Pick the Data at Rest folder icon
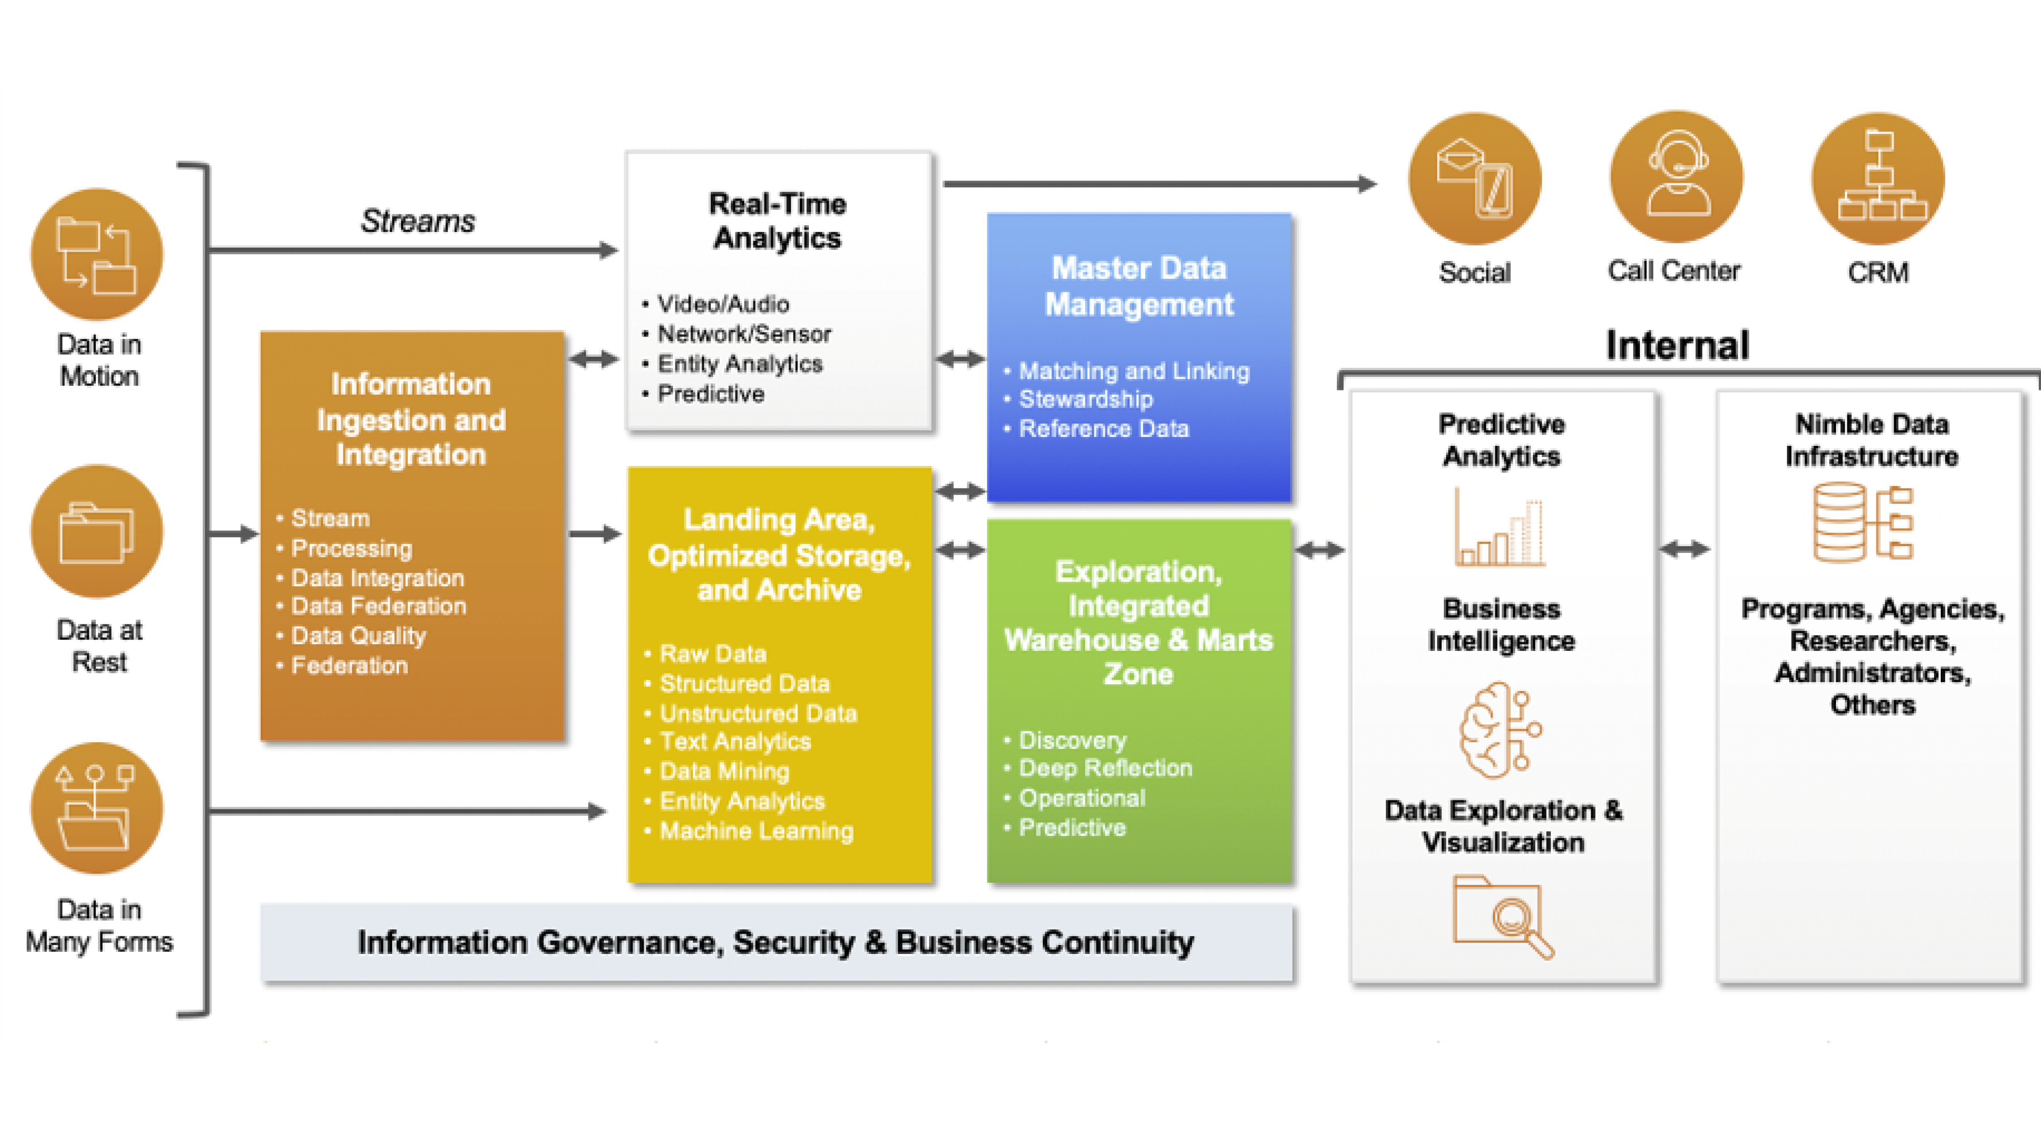pos(97,531)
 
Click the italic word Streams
pos(418,221)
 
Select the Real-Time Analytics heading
pos(777,221)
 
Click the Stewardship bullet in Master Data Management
pos(1085,399)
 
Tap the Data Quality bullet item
pos(358,636)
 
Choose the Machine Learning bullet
pos(757,831)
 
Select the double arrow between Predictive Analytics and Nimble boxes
pos(1684,549)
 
